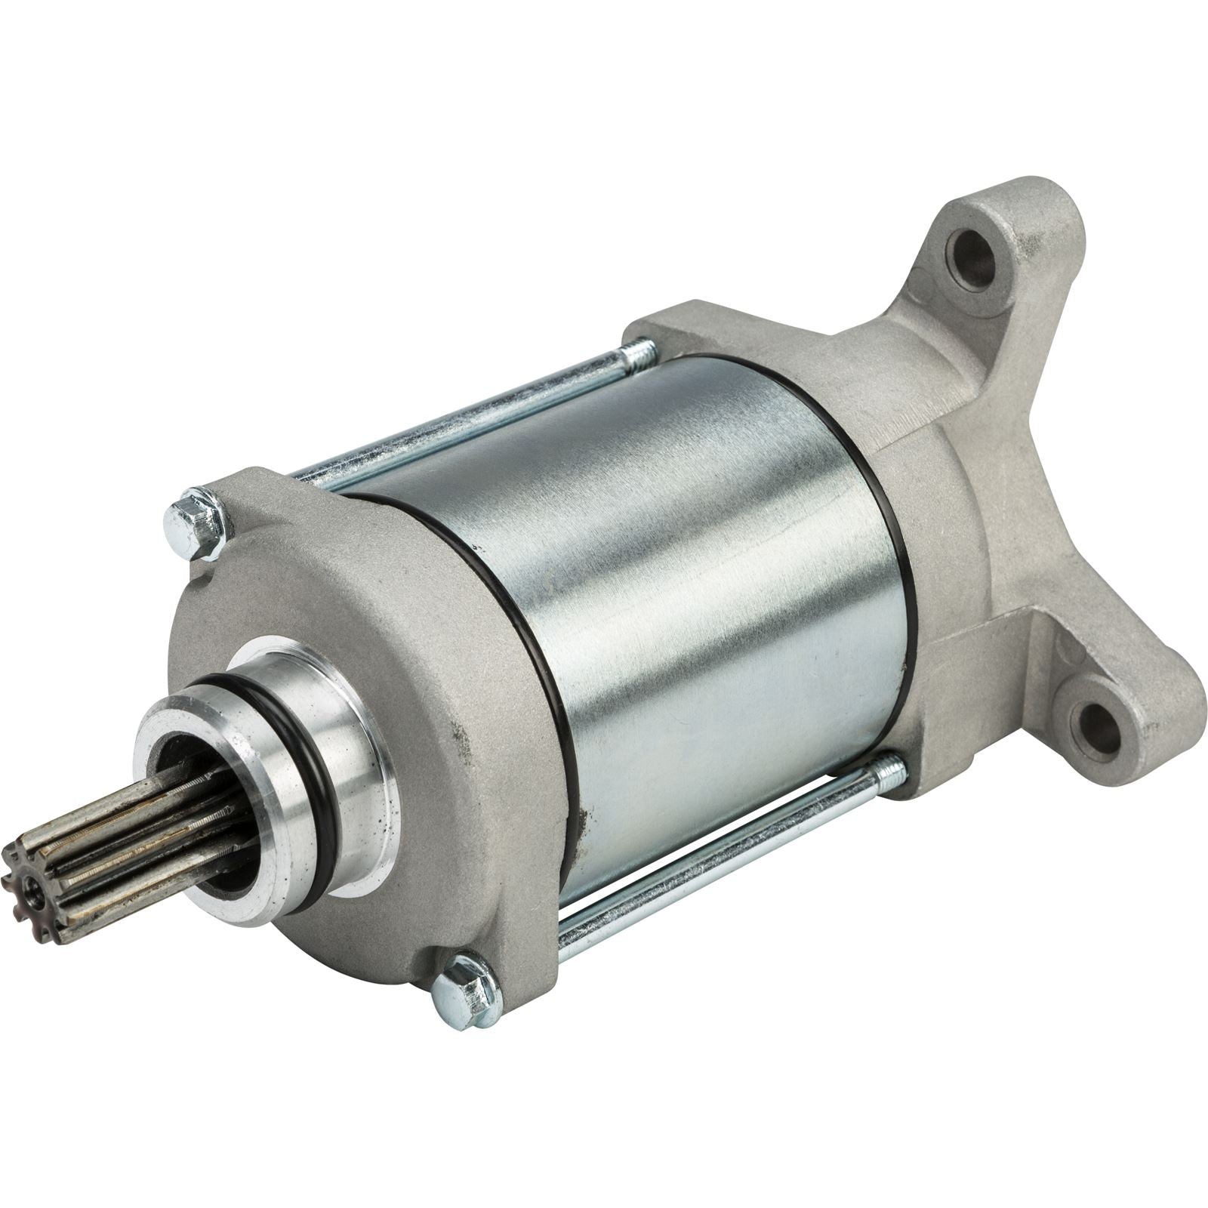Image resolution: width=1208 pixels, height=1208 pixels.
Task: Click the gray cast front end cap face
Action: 453,755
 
